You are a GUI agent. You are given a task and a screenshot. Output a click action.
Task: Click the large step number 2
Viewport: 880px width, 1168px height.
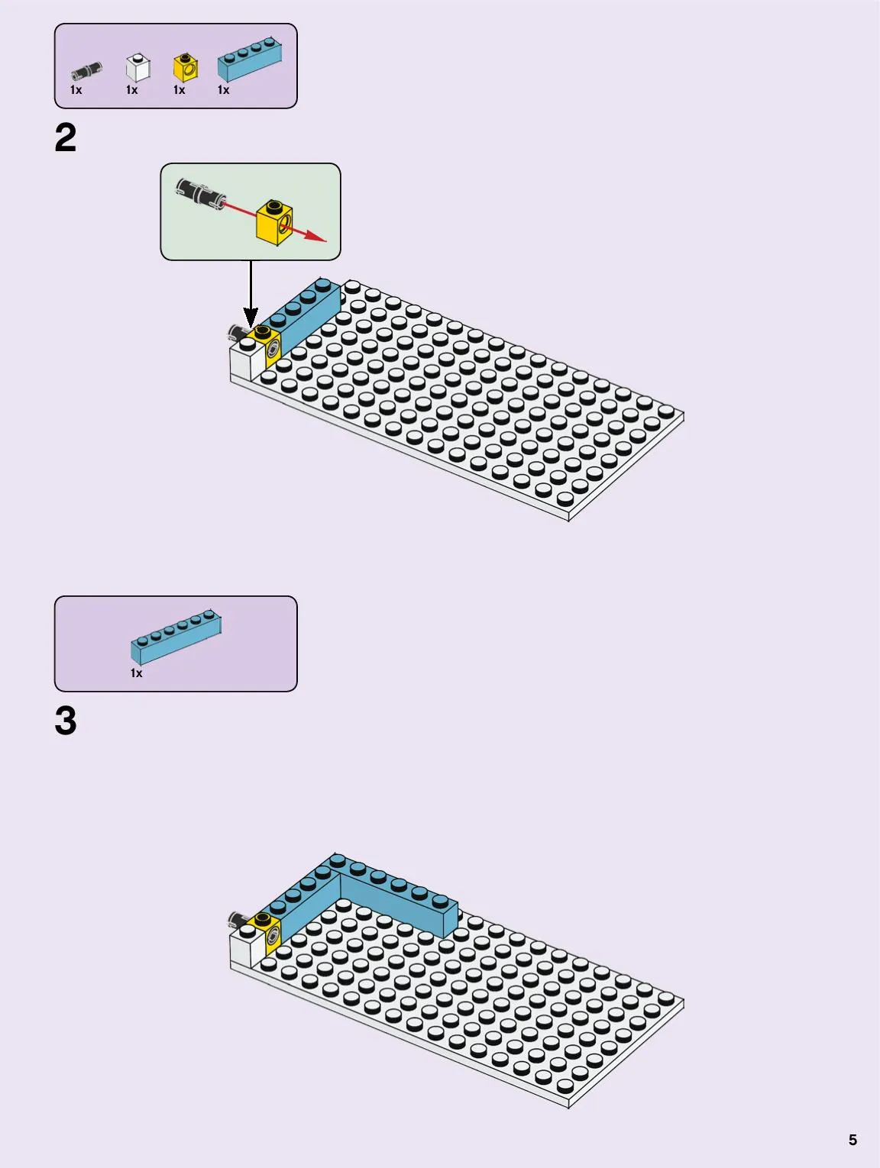pyautogui.click(x=66, y=137)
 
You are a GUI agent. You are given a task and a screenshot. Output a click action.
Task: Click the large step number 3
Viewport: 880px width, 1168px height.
pyautogui.click(x=66, y=721)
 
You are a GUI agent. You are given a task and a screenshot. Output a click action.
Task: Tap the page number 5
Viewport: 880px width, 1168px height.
pyautogui.click(x=852, y=1140)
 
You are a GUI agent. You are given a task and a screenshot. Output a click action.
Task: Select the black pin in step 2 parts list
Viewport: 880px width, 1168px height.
pyautogui.click(x=86, y=71)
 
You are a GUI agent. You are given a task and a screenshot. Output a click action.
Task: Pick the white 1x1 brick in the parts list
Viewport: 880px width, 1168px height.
pyautogui.click(x=138, y=67)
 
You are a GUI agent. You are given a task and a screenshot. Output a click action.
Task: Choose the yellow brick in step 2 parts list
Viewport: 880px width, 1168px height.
pyautogui.click(x=186, y=67)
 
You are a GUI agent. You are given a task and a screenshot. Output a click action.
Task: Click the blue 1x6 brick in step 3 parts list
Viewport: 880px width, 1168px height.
pyautogui.click(x=176, y=637)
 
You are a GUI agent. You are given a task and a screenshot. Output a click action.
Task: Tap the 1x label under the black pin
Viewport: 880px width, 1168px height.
pyautogui.click(x=76, y=90)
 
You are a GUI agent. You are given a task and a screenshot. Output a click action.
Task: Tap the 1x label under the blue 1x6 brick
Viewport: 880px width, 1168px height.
pyautogui.click(x=136, y=673)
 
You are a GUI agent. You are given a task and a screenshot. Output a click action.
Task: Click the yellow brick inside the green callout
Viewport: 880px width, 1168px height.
pyautogui.click(x=274, y=222)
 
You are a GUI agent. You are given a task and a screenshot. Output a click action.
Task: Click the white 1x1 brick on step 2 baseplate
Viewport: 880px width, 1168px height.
pyautogui.click(x=247, y=360)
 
